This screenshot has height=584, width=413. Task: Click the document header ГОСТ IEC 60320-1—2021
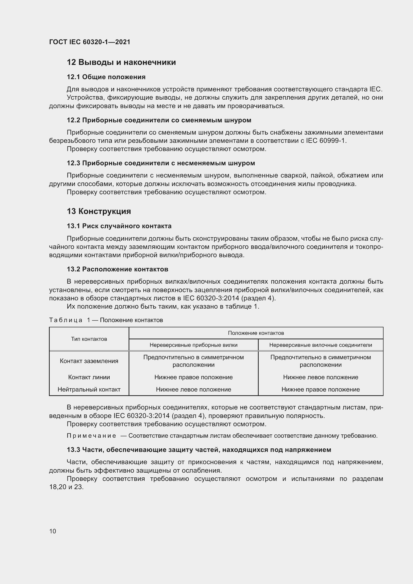click(90, 42)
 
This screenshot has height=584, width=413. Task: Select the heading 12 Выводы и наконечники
click(121, 62)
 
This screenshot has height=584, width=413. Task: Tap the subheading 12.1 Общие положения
click(106, 77)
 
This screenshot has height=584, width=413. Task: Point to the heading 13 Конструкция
click(99, 211)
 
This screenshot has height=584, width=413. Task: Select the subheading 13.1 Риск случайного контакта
click(119, 226)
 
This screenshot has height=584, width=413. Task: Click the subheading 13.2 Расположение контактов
click(118, 269)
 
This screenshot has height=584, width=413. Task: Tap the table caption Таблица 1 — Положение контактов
click(106, 320)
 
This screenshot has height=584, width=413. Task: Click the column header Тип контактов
click(89, 339)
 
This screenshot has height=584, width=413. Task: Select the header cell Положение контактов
click(256, 333)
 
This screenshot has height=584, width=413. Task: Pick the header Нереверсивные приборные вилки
click(194, 345)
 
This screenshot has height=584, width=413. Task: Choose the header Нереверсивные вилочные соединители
click(320, 345)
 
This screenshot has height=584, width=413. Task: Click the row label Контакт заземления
click(89, 361)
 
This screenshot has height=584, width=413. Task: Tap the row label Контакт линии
click(89, 377)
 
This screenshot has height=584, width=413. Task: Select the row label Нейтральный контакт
click(89, 389)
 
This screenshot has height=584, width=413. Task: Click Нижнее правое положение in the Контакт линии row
click(194, 377)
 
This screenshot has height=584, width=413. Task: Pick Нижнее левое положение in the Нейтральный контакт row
click(194, 389)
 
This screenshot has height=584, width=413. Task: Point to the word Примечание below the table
click(91, 436)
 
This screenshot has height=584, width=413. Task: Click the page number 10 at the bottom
click(53, 531)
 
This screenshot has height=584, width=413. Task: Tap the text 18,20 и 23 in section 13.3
click(66, 487)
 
